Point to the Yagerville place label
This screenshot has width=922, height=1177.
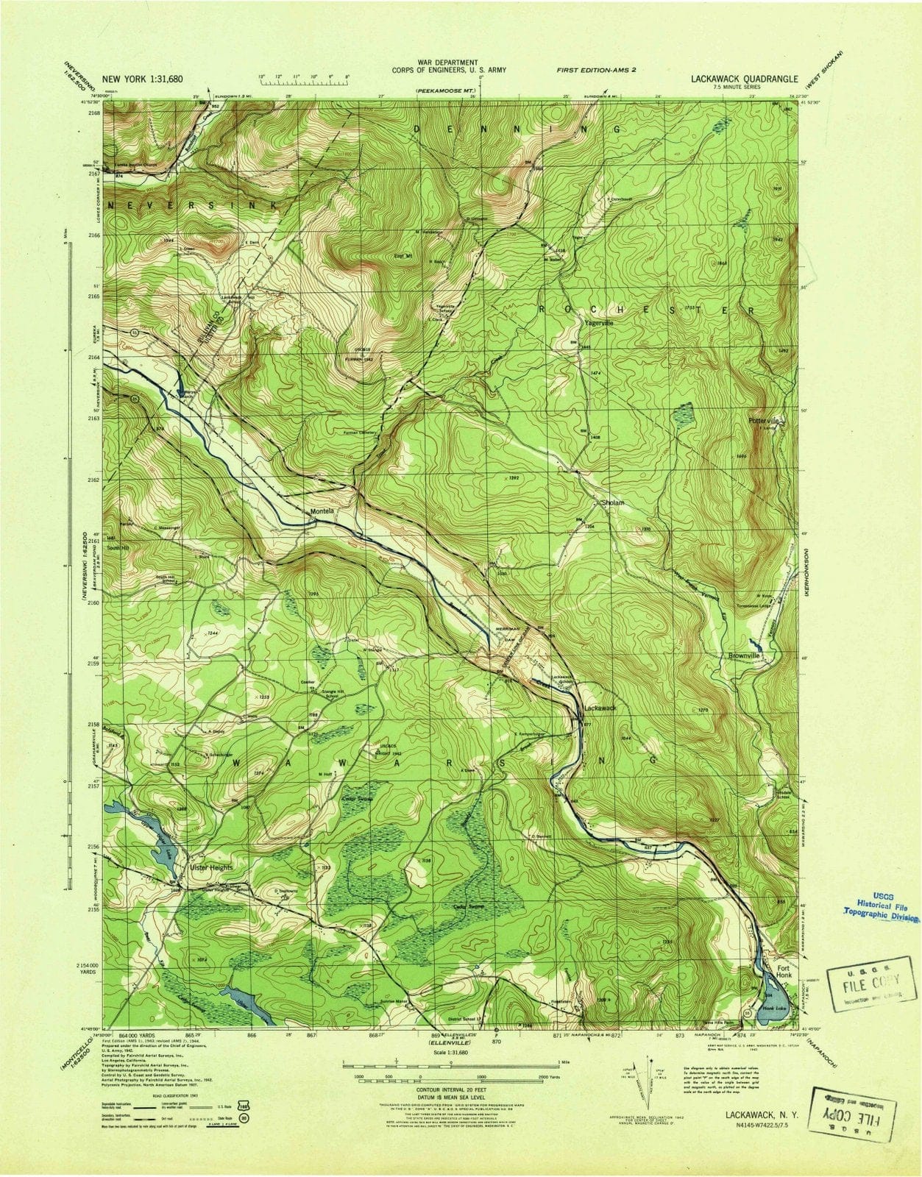click(598, 322)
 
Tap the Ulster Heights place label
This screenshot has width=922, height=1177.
click(212, 867)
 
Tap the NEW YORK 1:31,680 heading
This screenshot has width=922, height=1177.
click(143, 78)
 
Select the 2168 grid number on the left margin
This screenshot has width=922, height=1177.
click(94, 113)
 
